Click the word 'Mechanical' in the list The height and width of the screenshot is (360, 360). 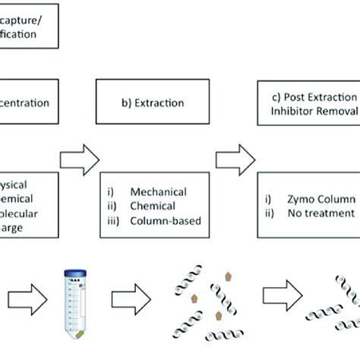tap(159, 193)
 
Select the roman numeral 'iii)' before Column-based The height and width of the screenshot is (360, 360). tap(114, 222)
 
